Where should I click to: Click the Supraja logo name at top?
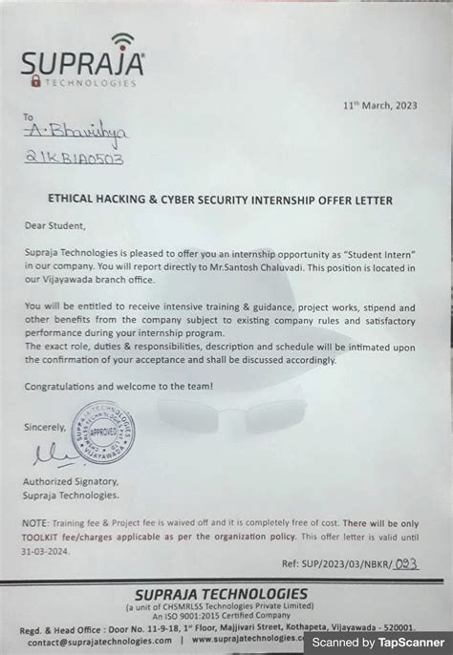click(82, 66)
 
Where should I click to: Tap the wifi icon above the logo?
click(123, 43)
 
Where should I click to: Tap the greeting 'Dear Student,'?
click(55, 226)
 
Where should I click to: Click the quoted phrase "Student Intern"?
click(379, 250)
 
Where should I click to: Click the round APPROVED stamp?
click(103, 432)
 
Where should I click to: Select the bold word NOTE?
click(34, 524)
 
